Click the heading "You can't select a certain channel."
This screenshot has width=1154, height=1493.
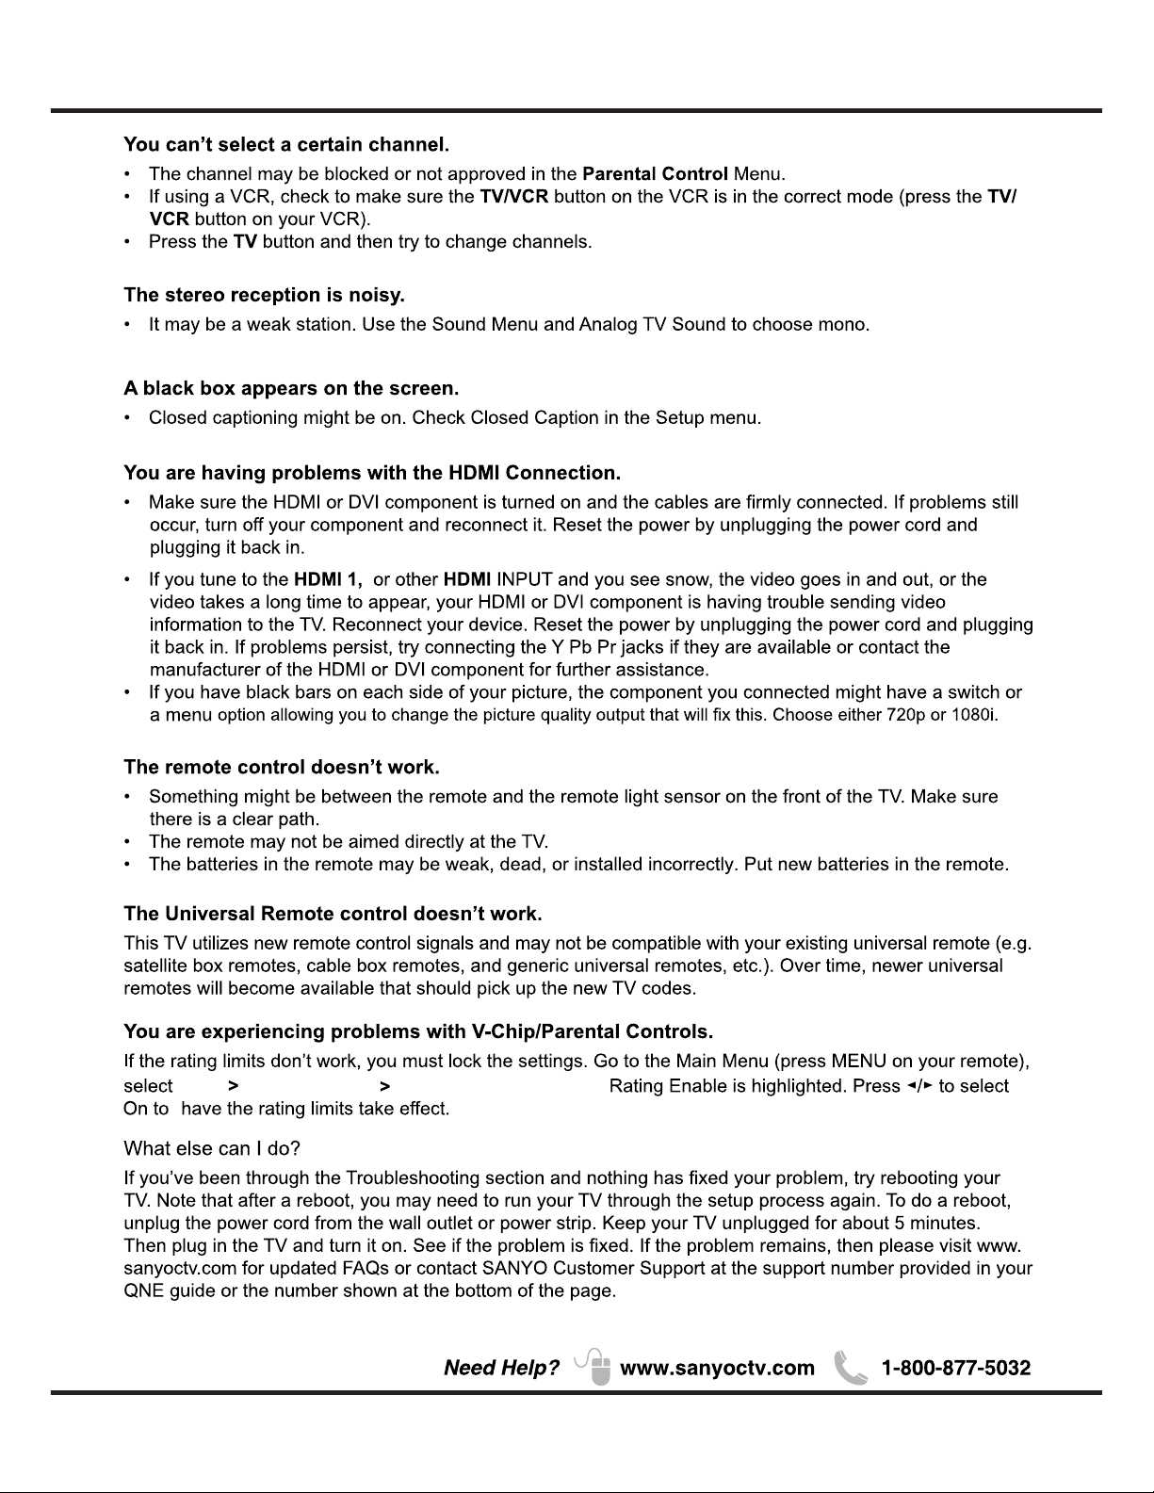[286, 145]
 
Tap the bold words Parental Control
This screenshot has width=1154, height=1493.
[655, 174]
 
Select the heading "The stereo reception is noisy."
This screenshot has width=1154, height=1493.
[264, 296]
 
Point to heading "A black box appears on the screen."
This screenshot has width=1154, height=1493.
[291, 388]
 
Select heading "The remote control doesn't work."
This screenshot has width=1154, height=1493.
[282, 767]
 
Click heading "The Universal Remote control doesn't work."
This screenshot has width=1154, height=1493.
[333, 914]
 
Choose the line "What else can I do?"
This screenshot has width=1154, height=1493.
[212, 1149]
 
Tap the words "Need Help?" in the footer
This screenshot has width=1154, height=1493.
[501, 1368]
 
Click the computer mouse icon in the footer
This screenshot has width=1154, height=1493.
[597, 1367]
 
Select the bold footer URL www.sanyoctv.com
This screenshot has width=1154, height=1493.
[717, 1368]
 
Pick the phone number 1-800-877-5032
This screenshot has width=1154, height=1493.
[955, 1368]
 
